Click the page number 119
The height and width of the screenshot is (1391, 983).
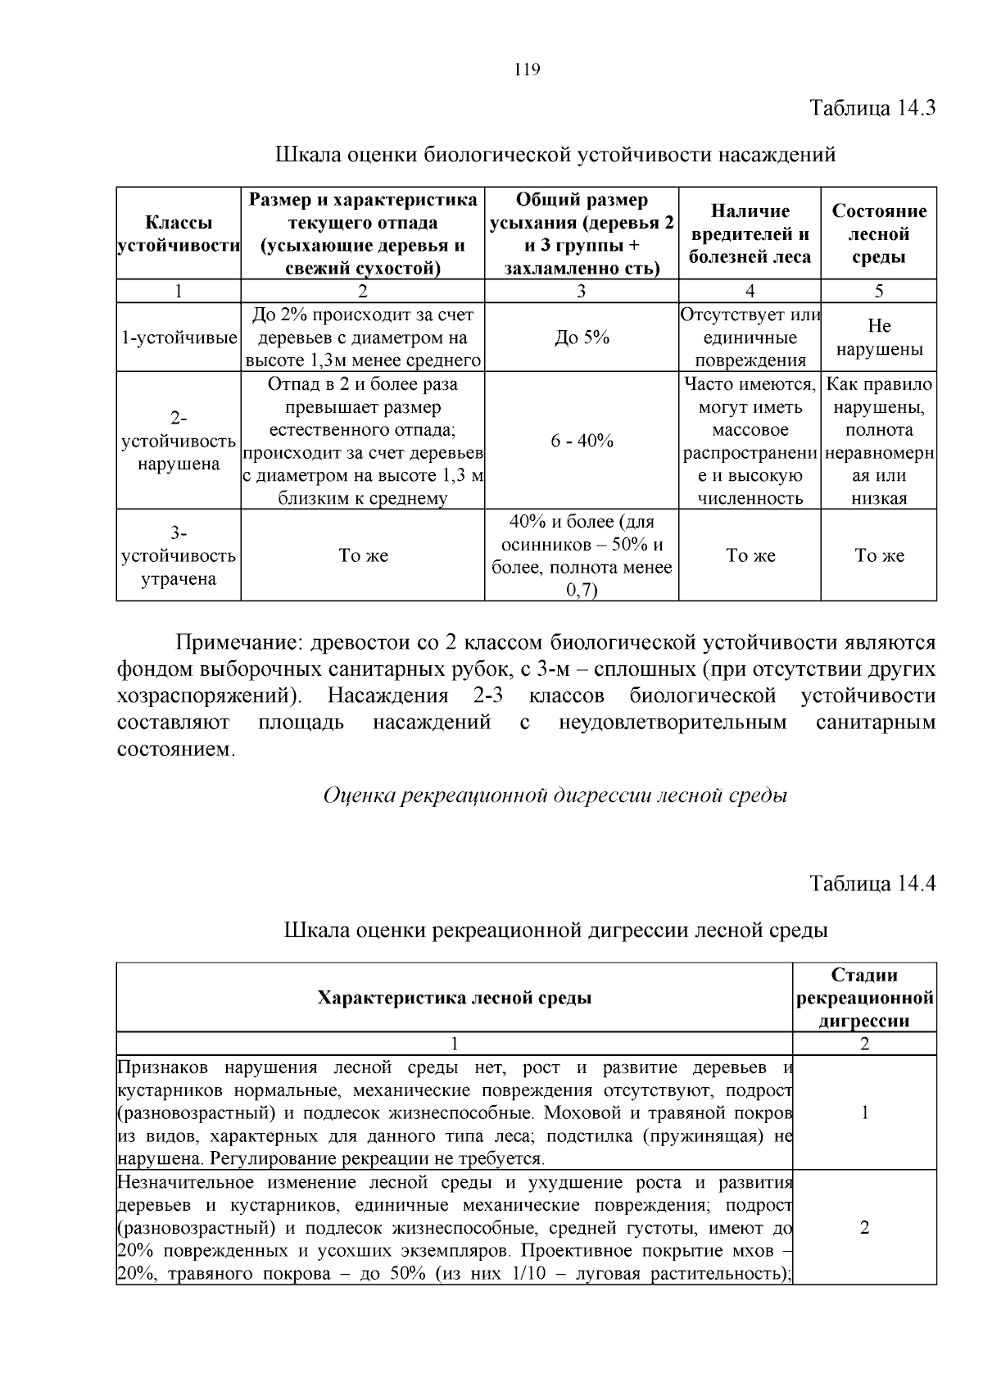(527, 70)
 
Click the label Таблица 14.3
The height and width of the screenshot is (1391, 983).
(872, 108)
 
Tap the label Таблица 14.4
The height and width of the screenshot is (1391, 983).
(872, 883)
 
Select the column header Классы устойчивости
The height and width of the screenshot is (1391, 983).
(179, 234)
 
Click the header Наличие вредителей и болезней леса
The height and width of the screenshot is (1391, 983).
(750, 234)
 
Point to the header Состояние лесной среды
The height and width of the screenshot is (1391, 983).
(879, 234)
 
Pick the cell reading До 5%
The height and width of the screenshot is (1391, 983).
(582, 338)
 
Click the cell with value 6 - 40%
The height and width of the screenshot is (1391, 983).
(582, 441)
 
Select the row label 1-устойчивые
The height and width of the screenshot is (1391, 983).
(179, 338)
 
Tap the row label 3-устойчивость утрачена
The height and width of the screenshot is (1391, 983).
(179, 555)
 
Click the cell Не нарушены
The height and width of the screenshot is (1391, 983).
(879, 338)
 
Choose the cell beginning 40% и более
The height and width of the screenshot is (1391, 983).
(582, 555)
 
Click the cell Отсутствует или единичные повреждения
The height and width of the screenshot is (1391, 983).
(750, 338)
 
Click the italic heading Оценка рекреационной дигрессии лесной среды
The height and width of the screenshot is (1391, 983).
(555, 795)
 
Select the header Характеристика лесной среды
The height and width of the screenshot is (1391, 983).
(454, 997)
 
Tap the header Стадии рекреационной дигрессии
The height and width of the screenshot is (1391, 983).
(864, 997)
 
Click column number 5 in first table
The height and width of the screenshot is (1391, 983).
(879, 291)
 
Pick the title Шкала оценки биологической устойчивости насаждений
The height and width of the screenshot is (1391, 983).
(555, 154)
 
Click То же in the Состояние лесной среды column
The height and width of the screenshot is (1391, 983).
(879, 555)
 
